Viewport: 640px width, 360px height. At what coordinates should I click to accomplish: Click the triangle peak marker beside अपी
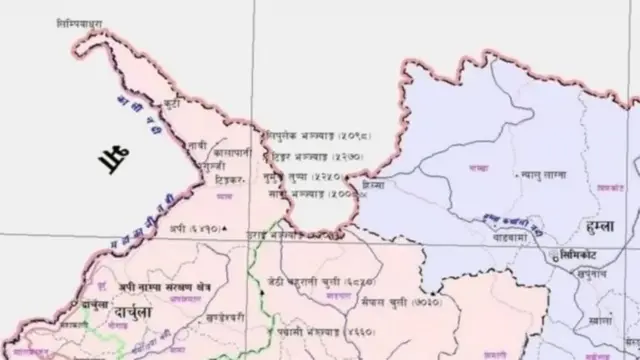tap(228, 229)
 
